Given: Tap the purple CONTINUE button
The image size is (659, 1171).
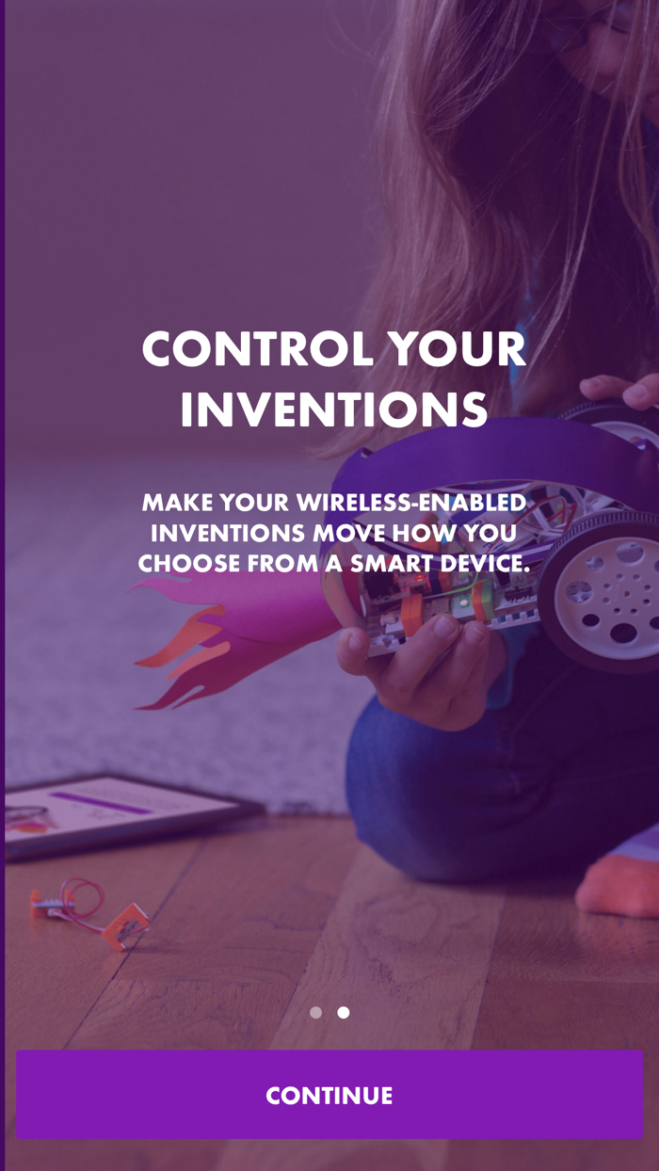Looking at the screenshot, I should [x=329, y=1095].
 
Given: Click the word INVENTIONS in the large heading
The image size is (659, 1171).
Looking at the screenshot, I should [x=334, y=409].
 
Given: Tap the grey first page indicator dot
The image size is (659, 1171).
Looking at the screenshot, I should [x=316, y=1013].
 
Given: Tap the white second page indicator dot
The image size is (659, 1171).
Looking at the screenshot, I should [x=344, y=1013].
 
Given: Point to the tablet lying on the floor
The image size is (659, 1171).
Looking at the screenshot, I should [x=113, y=812].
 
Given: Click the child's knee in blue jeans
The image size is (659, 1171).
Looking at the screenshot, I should [x=395, y=762].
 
